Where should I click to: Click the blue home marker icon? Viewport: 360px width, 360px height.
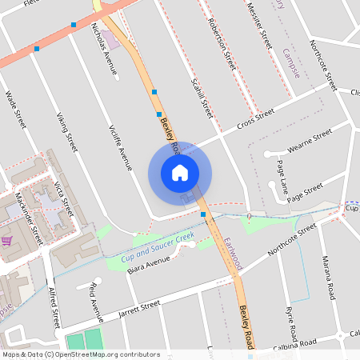click(180, 173)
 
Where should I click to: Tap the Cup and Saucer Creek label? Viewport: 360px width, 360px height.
click(158, 248)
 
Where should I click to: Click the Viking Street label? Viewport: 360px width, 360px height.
click(66, 132)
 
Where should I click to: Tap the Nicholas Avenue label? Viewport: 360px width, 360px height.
click(106, 50)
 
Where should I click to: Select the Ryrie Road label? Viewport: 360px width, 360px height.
click(290, 321)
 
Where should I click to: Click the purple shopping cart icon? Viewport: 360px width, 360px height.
click(6, 240)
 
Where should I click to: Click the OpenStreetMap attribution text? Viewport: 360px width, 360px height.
click(81, 354)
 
